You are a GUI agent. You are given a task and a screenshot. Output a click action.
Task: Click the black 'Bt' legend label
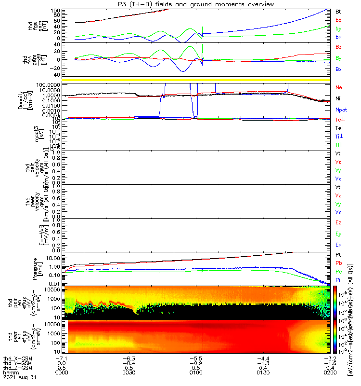coord(338,11)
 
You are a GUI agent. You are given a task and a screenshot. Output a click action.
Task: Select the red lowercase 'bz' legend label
coord(338,20)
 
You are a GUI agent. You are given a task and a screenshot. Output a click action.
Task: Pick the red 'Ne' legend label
coord(338,87)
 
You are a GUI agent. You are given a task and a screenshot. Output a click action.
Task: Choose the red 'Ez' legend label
coord(338,223)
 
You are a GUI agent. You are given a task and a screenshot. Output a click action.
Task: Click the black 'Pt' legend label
coord(338,254)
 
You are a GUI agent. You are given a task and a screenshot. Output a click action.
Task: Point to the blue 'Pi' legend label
coord(338,280)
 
